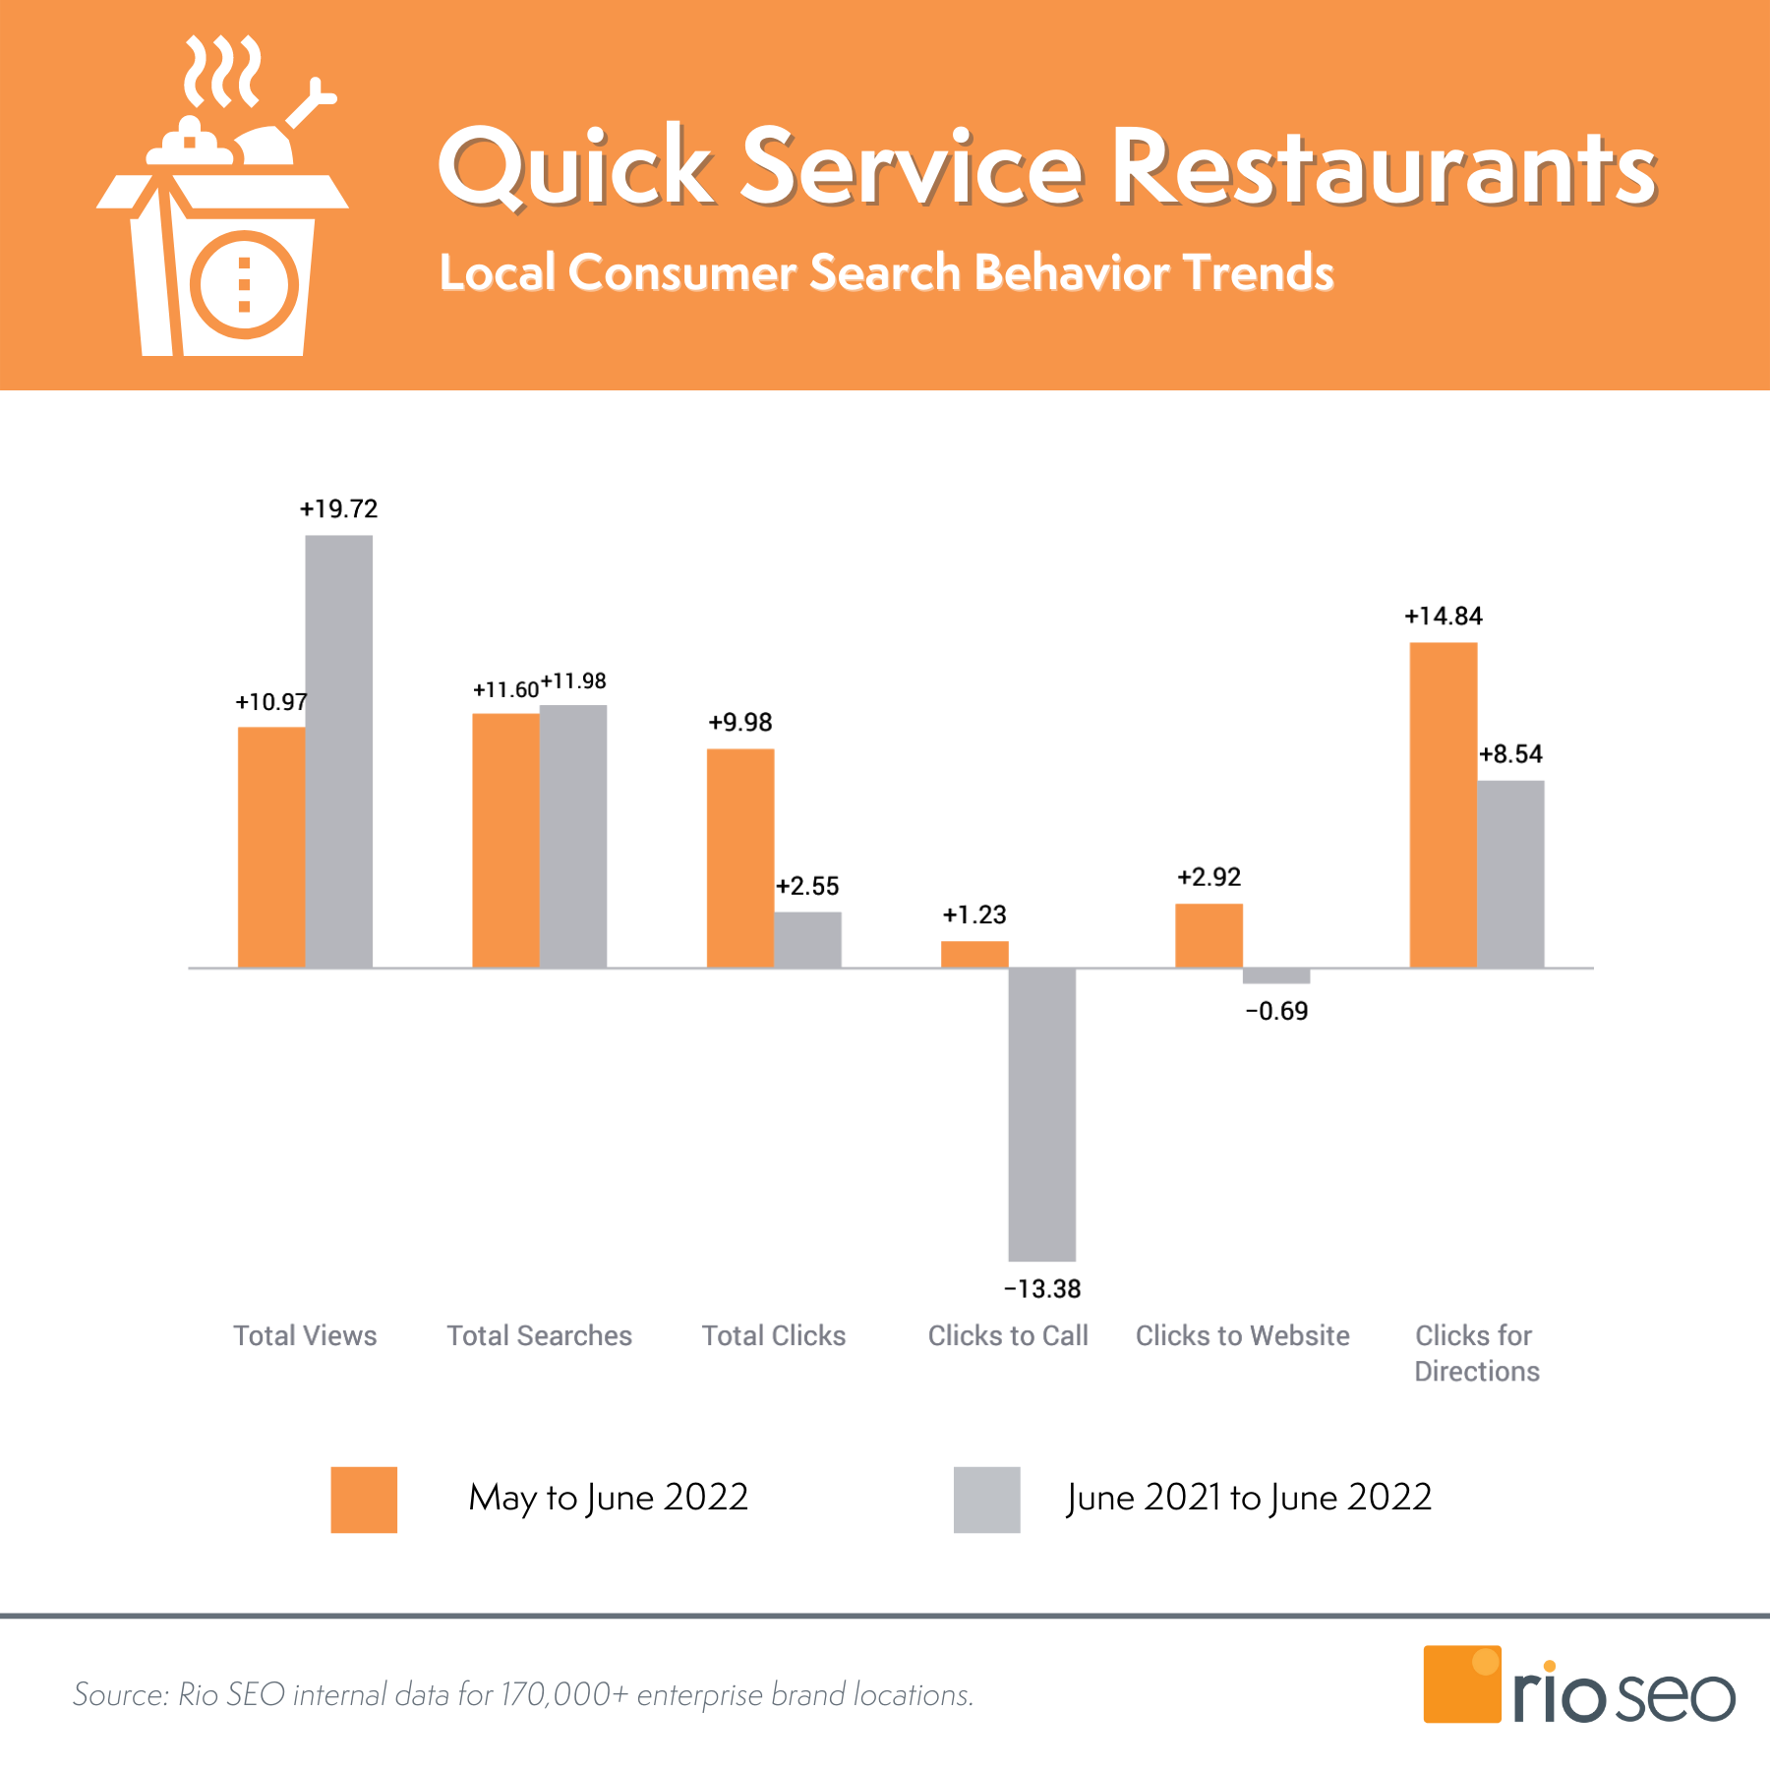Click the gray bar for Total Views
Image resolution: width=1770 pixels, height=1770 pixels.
[338, 751]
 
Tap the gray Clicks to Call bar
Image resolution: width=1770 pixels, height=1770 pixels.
[1041, 1114]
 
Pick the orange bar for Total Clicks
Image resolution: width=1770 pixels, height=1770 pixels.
[739, 857]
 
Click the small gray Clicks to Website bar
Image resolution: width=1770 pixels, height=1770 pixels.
[1275, 975]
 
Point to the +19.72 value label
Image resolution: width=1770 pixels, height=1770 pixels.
[338, 508]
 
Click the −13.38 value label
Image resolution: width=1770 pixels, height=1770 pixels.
[1041, 1288]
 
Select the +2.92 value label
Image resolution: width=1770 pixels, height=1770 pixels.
[1209, 876]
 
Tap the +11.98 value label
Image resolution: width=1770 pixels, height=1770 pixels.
[573, 680]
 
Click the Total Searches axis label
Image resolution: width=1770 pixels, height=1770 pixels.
[539, 1335]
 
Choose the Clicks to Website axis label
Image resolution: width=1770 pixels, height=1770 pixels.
[1242, 1335]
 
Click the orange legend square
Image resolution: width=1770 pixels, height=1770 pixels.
[364, 1500]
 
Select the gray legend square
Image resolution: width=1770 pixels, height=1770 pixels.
[986, 1500]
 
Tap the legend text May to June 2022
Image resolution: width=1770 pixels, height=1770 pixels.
[608, 1498]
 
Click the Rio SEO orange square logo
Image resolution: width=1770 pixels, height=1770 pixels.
[1461, 1683]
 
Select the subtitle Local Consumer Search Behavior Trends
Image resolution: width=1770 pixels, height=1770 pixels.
[885, 272]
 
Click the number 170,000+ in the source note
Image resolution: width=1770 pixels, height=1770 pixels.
[563, 1694]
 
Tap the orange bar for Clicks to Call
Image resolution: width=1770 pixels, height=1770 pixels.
[974, 954]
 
